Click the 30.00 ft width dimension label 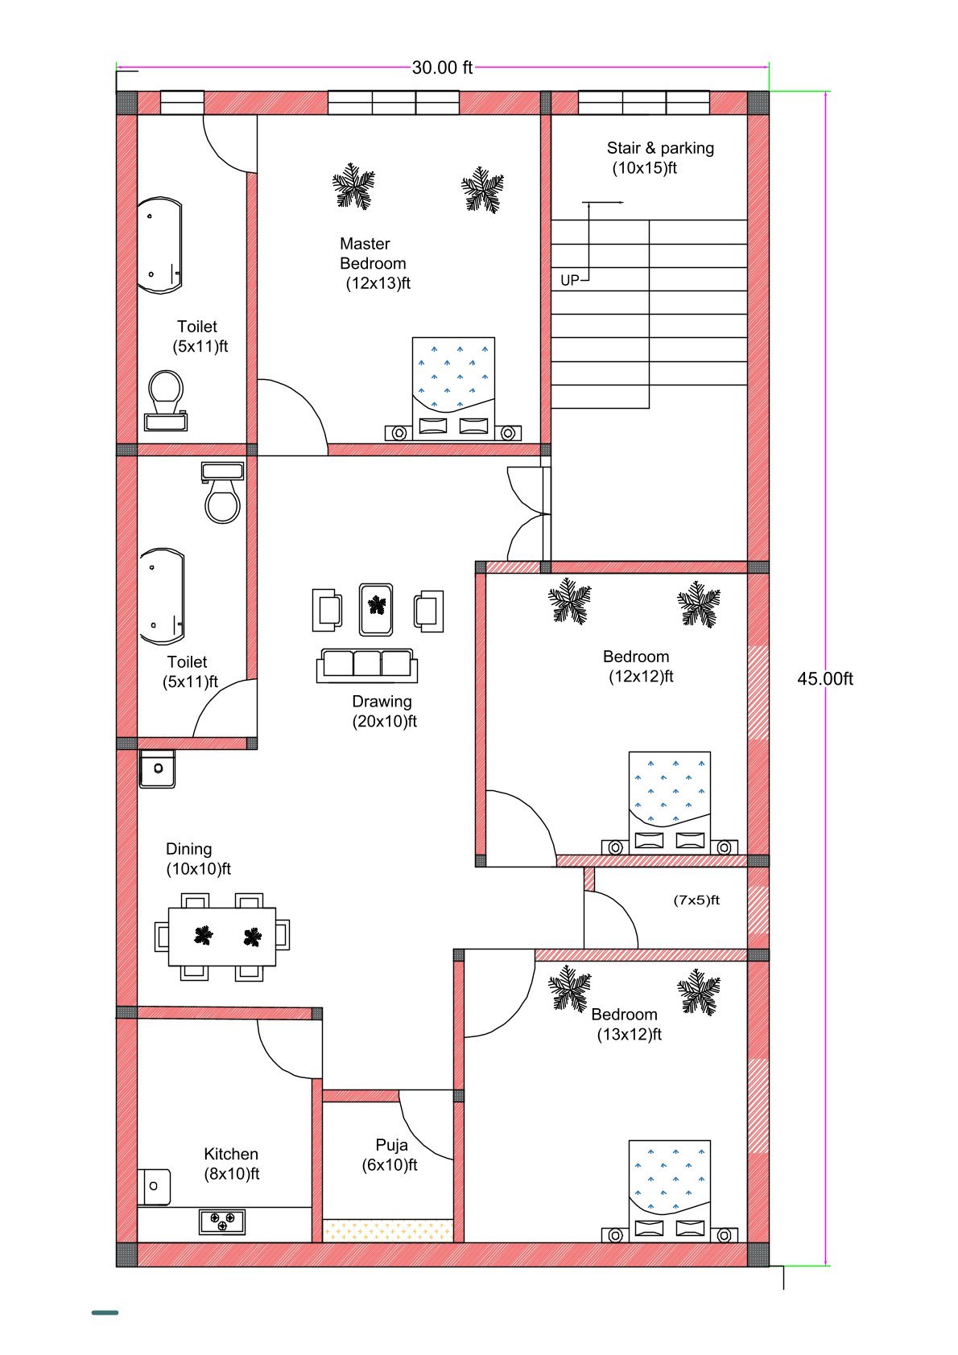pyautogui.click(x=442, y=68)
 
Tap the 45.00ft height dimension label pyautogui.click(x=824, y=679)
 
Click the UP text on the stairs pyautogui.click(x=569, y=281)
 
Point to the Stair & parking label pyautogui.click(x=659, y=158)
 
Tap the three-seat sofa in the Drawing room pyautogui.click(x=367, y=665)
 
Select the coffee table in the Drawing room pyautogui.click(x=376, y=609)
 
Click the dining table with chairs pyautogui.click(x=222, y=936)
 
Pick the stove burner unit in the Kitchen pyautogui.click(x=222, y=1221)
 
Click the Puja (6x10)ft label pyautogui.click(x=390, y=1155)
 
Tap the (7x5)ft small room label pyautogui.click(x=696, y=900)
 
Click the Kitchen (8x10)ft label pyautogui.click(x=231, y=1163)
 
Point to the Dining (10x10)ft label pyautogui.click(x=197, y=859)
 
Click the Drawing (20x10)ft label pyautogui.click(x=383, y=711)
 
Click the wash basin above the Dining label pyautogui.click(x=157, y=768)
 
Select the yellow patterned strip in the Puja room pyautogui.click(x=387, y=1230)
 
